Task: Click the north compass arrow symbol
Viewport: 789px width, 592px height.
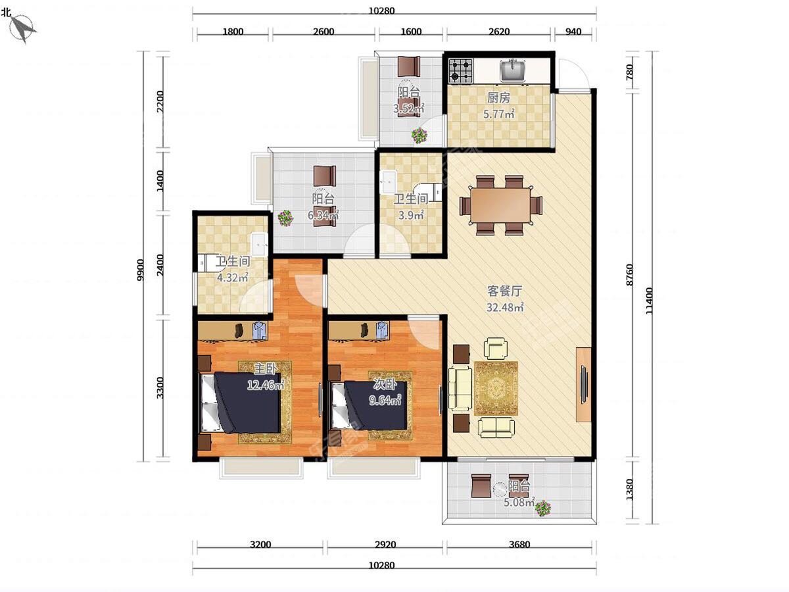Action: point(22,29)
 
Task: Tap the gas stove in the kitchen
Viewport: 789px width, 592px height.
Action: point(460,71)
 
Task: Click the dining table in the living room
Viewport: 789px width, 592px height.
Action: point(501,205)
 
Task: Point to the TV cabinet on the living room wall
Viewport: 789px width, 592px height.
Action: point(583,384)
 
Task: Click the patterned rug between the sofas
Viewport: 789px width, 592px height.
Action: point(496,388)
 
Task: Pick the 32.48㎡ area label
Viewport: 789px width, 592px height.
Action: point(505,308)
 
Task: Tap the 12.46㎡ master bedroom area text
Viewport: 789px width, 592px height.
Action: point(266,385)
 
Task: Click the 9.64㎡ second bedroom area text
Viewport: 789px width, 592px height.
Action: point(385,400)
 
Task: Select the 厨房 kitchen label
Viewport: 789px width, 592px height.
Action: point(498,98)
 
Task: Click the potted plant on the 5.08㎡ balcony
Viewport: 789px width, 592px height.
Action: point(543,508)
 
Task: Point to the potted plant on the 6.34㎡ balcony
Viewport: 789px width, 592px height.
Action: point(286,218)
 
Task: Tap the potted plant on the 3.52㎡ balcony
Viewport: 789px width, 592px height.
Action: point(419,136)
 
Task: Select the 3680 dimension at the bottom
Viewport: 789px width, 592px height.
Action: point(519,545)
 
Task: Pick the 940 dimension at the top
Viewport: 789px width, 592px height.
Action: point(573,32)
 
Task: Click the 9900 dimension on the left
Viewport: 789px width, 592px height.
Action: point(140,270)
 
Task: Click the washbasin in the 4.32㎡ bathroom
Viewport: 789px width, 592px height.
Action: point(259,245)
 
